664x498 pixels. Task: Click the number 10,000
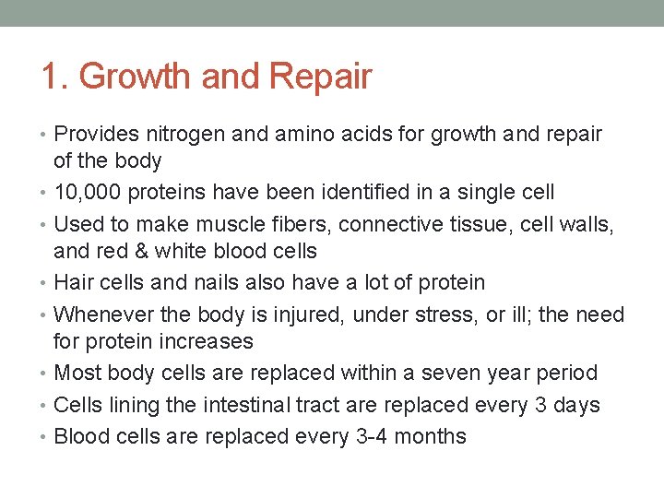[90, 192]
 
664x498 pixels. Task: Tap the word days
[575, 405]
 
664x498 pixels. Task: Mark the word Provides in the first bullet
[93, 134]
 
